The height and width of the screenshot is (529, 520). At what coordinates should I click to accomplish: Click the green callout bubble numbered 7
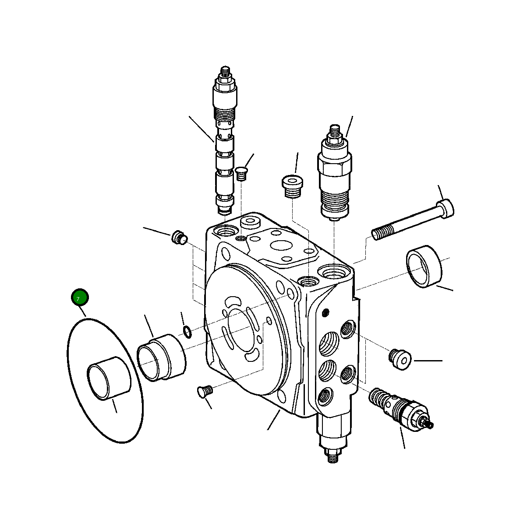click(x=80, y=298)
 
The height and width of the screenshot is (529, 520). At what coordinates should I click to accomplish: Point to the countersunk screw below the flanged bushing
click(x=204, y=390)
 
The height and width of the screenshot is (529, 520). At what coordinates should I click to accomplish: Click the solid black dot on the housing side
click(x=325, y=312)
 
